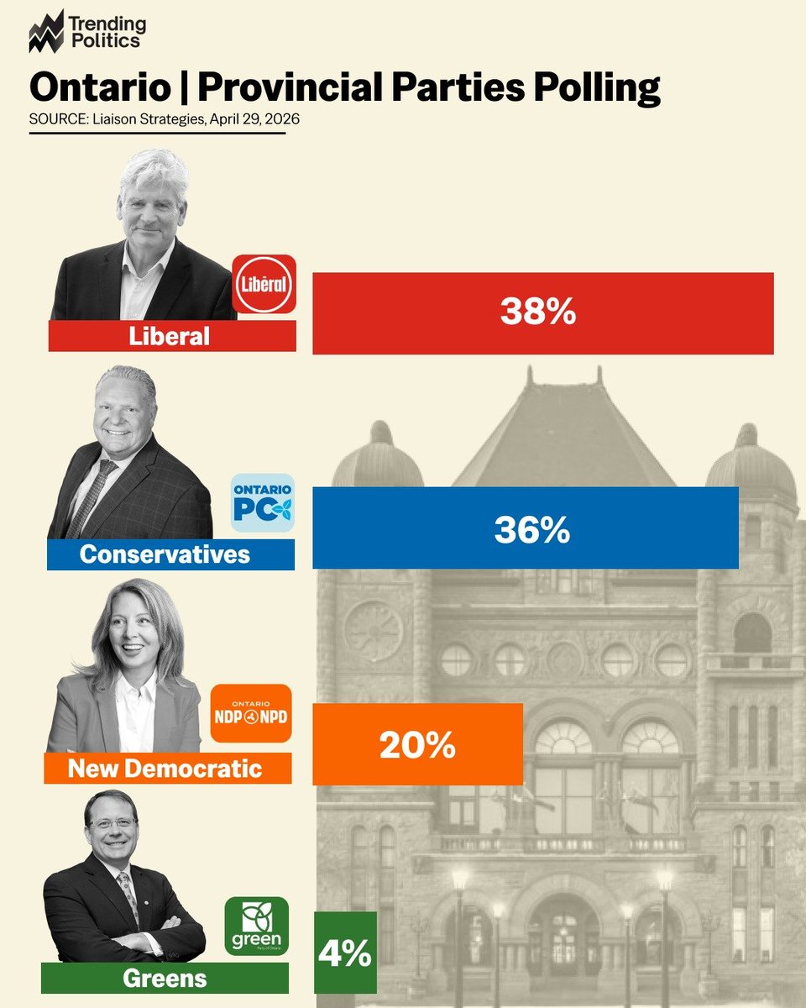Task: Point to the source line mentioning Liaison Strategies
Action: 165,119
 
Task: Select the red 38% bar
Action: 542,313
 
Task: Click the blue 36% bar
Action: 526,528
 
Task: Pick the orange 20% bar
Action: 417,744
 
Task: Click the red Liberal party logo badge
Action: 264,285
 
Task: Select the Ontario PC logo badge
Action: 263,503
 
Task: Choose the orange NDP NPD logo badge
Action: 250,714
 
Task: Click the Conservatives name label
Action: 165,554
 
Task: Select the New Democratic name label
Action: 166,768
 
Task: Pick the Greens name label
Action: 165,978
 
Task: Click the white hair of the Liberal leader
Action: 152,168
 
